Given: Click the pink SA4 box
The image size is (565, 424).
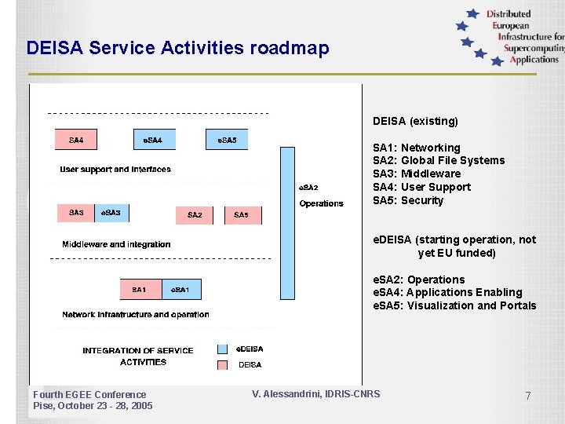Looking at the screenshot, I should (76, 140).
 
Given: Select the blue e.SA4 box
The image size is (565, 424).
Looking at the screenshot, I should (154, 140).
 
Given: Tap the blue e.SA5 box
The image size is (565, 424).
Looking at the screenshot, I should (227, 140).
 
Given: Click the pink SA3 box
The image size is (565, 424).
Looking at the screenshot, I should (76, 213).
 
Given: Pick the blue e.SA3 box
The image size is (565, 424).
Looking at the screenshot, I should (112, 213).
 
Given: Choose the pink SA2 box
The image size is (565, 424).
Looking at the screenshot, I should (195, 214).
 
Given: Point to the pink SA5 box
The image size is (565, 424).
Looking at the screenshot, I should (242, 214).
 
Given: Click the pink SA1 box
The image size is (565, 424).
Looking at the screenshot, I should (140, 290).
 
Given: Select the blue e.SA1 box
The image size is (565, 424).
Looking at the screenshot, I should (180, 290).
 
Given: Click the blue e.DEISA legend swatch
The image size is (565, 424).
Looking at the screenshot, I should (222, 349).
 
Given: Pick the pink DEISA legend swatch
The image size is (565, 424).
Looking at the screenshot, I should (222, 364).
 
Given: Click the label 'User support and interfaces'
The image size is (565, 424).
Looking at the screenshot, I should (115, 170).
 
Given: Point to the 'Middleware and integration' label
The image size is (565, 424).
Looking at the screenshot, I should (116, 244).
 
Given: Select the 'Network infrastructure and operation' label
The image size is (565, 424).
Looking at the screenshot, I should (136, 315).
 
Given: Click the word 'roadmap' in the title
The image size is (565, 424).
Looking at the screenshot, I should (290, 49).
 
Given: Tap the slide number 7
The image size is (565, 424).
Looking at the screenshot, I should (528, 397).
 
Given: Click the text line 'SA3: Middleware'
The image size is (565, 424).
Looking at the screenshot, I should (417, 174).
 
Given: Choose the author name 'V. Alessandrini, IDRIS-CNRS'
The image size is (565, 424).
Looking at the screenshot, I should (315, 393).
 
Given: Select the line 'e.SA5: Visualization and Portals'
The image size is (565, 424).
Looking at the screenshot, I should (454, 305).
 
